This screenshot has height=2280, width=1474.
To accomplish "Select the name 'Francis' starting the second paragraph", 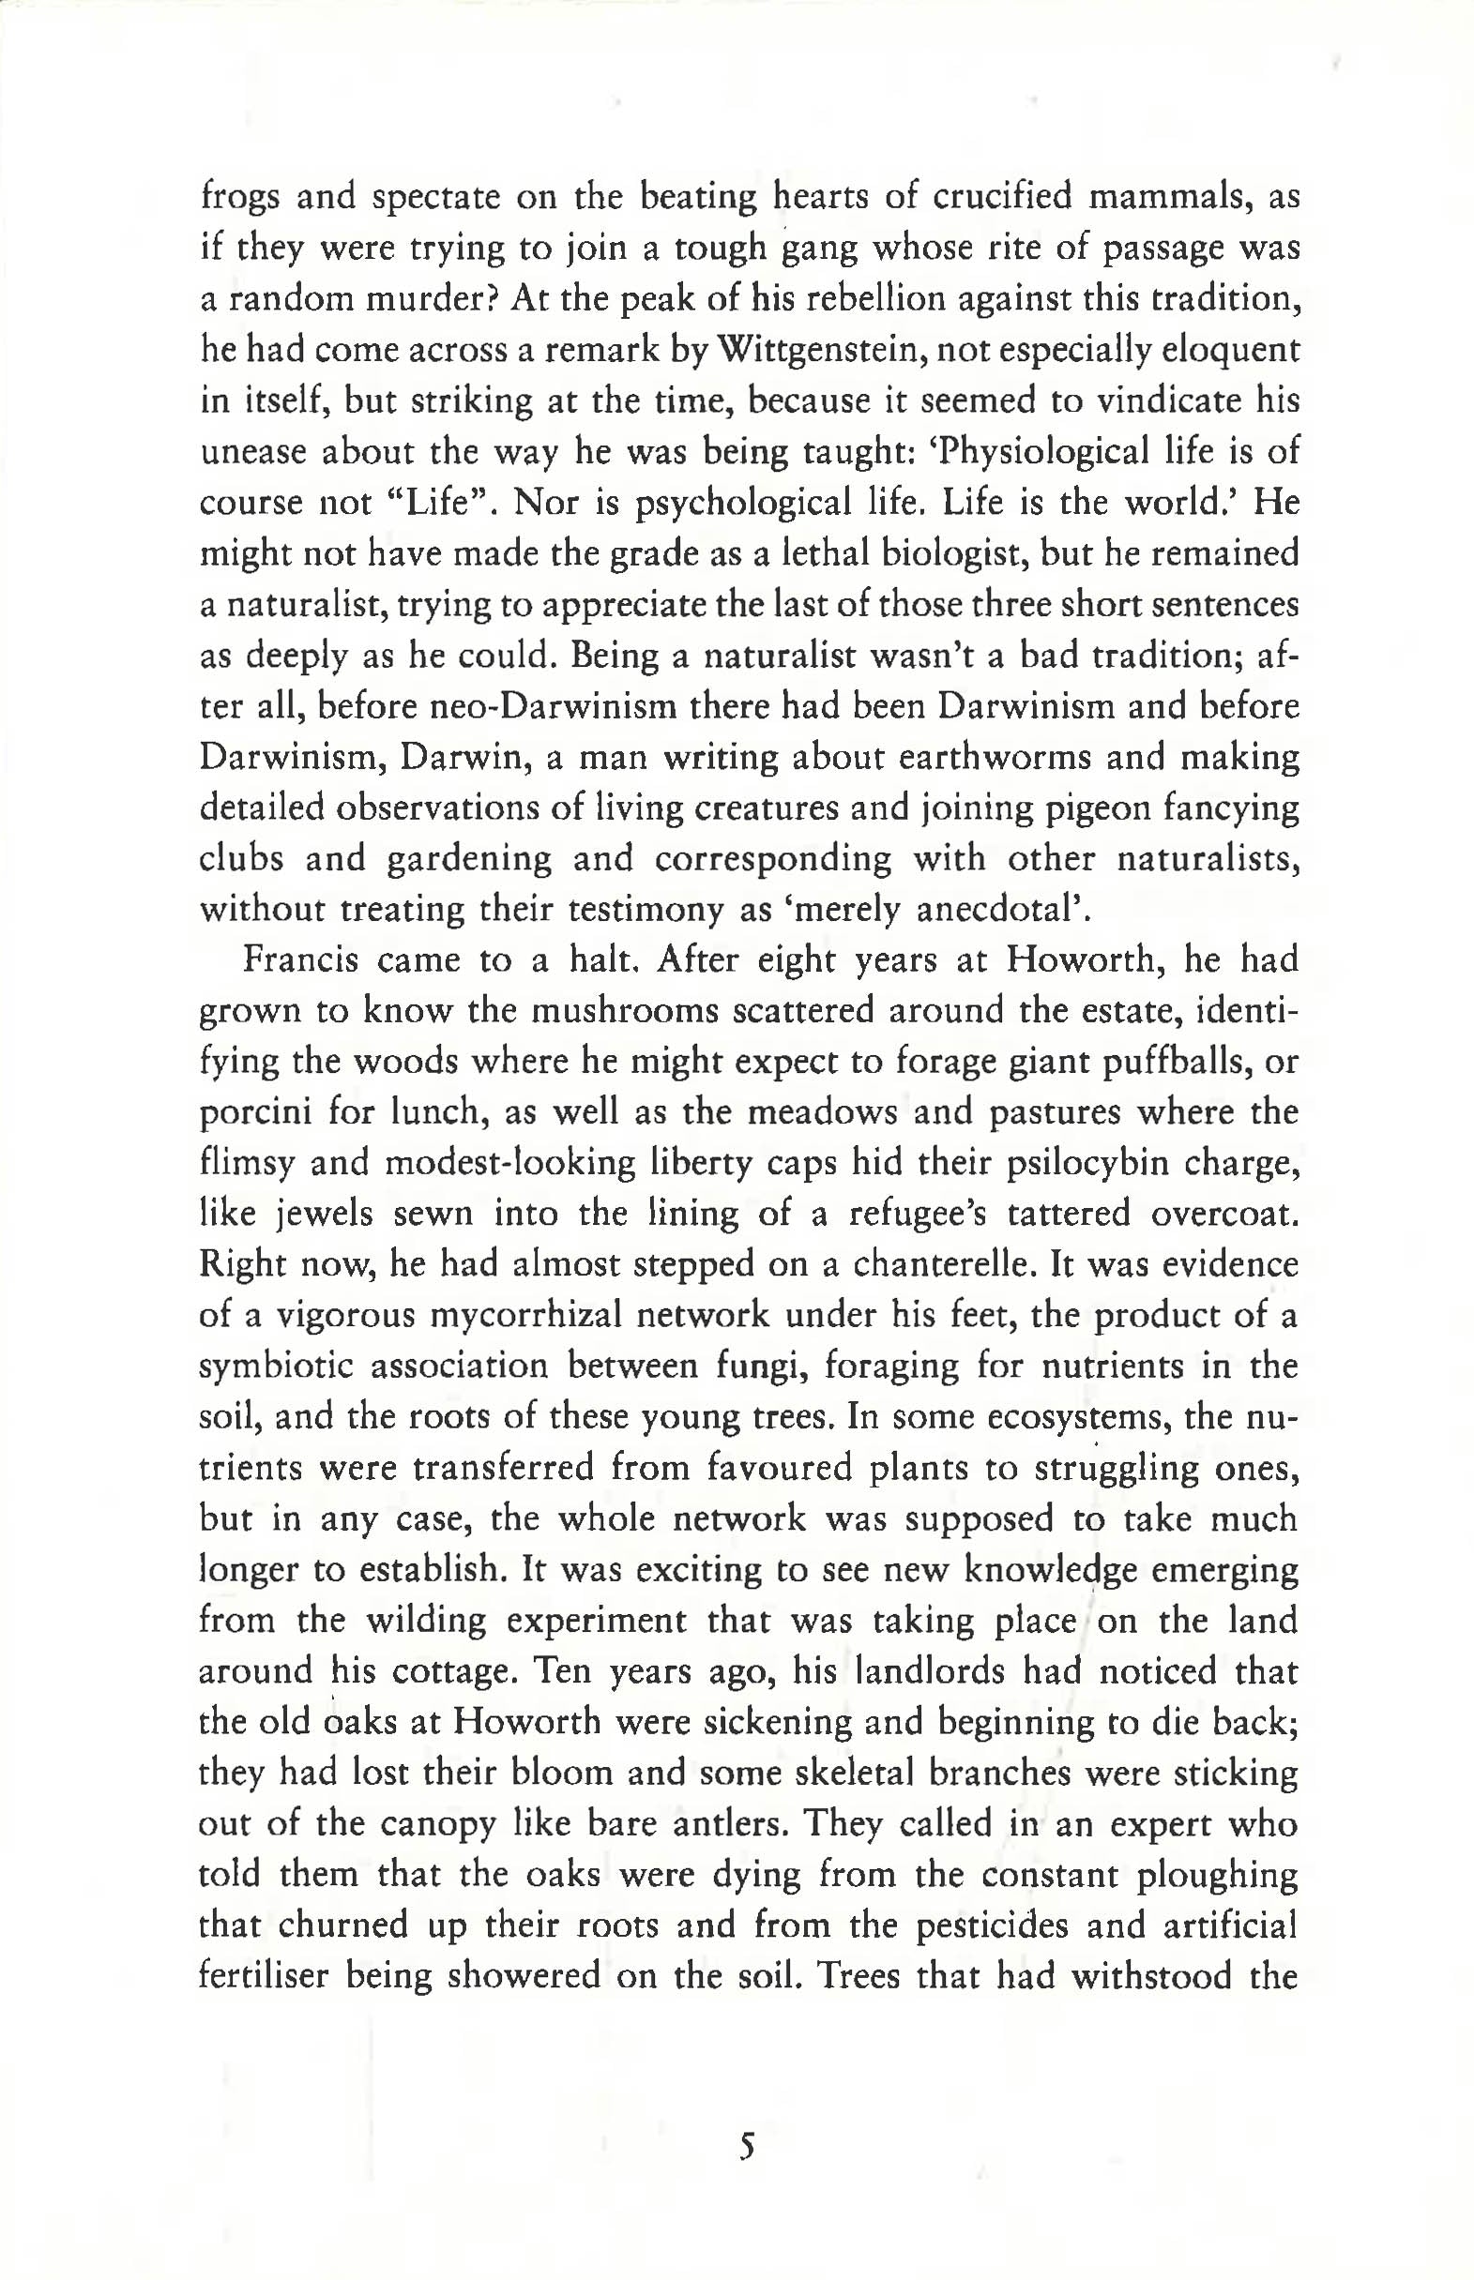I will pyautogui.click(x=299, y=959).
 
